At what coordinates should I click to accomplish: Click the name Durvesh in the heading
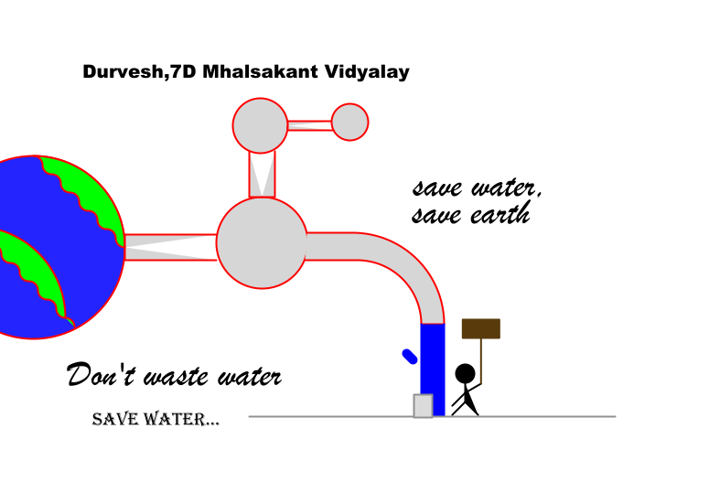[x=123, y=72]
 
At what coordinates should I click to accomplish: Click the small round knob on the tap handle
[x=350, y=122]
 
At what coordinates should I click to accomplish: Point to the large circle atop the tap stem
[x=260, y=125]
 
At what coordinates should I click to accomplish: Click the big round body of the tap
[x=262, y=242]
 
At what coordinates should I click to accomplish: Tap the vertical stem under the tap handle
[x=262, y=175]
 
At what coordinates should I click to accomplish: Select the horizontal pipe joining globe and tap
[x=170, y=247]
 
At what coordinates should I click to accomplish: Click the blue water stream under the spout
[x=433, y=370]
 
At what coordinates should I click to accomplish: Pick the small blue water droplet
[x=410, y=357]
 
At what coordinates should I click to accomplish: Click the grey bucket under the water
[x=424, y=405]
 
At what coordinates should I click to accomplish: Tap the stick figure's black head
[x=465, y=374]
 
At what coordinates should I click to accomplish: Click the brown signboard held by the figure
[x=481, y=328]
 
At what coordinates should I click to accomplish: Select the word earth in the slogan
[x=500, y=214]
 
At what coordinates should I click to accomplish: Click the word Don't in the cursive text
[x=101, y=374]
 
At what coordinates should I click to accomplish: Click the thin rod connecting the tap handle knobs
[x=310, y=125]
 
